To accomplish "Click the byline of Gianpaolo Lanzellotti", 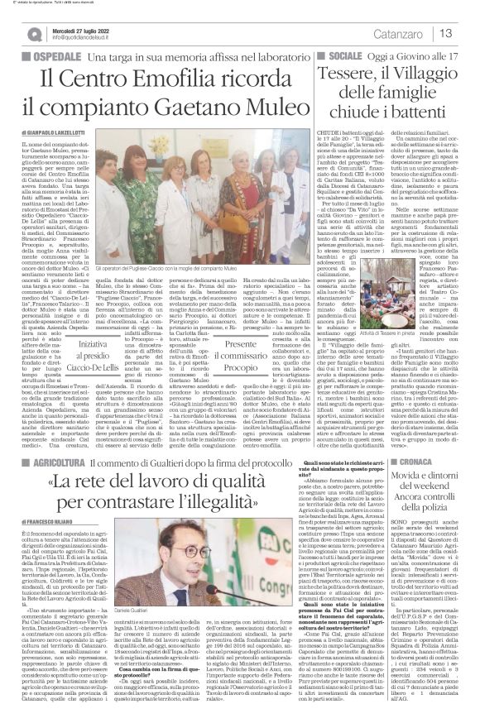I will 57,132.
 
